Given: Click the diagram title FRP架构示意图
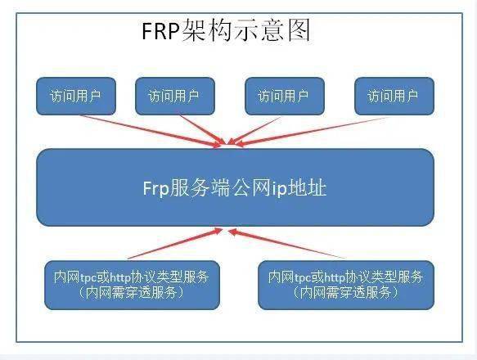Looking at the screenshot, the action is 226,29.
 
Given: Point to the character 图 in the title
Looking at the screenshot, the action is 299,29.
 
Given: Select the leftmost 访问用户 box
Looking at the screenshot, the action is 76,97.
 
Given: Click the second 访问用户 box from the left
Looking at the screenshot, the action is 175,97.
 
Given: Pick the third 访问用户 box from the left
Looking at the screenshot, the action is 285,97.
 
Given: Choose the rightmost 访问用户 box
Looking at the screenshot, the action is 394,97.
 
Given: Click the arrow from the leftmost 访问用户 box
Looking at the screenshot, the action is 151,131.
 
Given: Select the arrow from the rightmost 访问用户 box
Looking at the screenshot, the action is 312,132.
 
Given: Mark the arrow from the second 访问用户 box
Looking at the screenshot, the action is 203,129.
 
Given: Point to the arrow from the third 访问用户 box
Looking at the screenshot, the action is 254,130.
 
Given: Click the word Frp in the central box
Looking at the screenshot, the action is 155,188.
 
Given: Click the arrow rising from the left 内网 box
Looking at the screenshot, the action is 175,244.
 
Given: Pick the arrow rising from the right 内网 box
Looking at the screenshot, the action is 286,244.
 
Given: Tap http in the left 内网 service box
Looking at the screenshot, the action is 119,277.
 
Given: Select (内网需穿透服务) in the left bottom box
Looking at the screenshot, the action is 132,293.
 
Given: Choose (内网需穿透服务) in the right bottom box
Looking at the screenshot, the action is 346,293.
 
